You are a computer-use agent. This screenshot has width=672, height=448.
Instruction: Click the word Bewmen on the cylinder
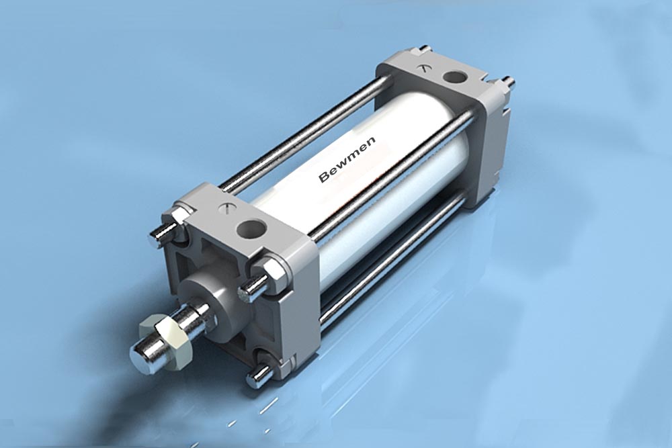point(347,159)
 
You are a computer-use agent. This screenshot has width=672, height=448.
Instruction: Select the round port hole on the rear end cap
point(454,77)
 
